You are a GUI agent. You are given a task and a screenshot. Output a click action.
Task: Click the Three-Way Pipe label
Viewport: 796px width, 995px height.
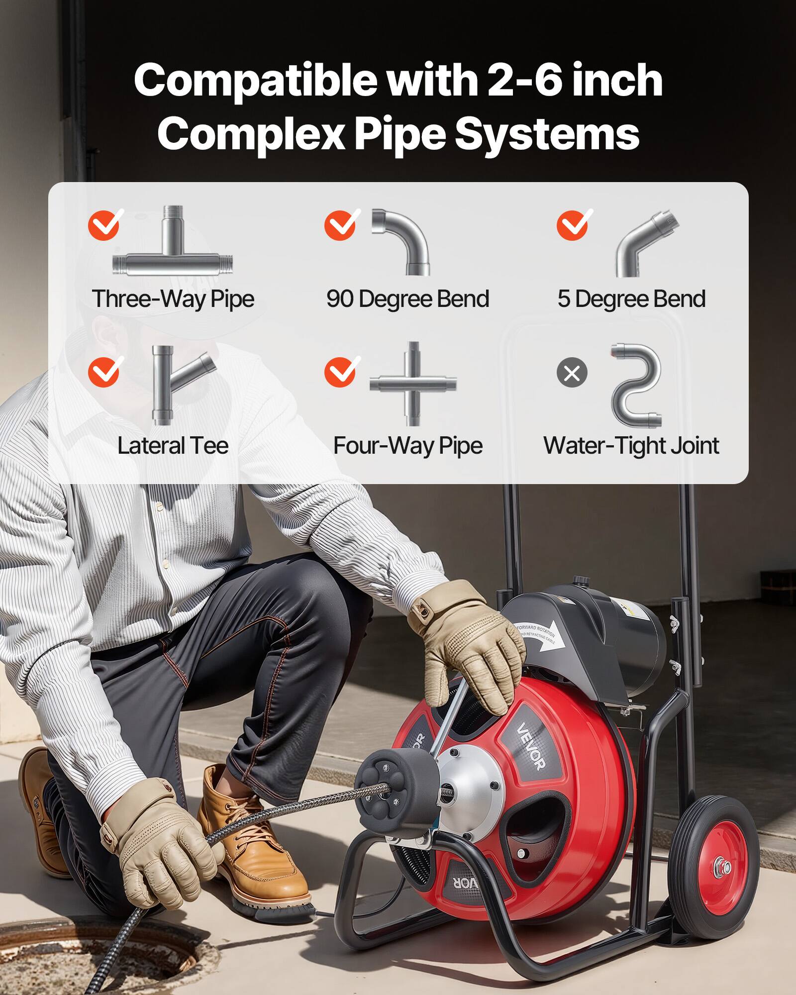(x=173, y=299)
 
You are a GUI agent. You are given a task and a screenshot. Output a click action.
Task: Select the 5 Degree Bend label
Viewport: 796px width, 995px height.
(x=631, y=299)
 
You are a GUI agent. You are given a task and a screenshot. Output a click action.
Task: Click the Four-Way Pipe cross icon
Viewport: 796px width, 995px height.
(x=412, y=384)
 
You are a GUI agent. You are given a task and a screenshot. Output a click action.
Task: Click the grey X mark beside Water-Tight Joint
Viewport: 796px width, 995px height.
(x=572, y=373)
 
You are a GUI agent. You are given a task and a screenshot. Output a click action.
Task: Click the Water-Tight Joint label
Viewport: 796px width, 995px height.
(x=631, y=446)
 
